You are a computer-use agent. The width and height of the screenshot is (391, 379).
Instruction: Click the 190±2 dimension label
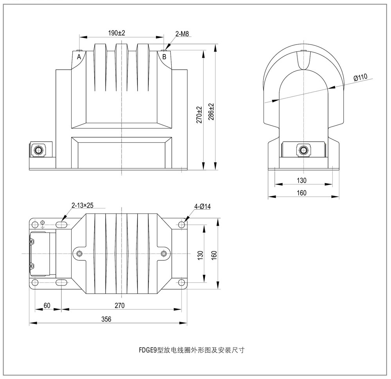pos(117,33)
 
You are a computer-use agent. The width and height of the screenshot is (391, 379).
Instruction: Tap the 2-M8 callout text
pos(182,34)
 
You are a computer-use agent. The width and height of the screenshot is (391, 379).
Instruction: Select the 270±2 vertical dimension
pos(199,115)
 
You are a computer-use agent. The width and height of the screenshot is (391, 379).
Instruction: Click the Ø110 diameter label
pos(360,77)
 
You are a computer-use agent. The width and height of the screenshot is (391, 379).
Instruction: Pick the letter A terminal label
pos(79,57)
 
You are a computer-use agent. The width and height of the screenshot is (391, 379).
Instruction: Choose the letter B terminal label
pos(164,57)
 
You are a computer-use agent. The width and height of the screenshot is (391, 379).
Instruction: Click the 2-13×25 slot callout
pos(83,205)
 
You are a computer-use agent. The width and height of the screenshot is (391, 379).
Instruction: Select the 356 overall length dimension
pos(106,319)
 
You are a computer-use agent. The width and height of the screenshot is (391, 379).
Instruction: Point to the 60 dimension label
pos(47,305)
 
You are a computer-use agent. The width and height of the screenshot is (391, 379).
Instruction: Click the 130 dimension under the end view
pos(302,180)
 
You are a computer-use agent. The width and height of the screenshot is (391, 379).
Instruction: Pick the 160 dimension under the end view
pos(302,192)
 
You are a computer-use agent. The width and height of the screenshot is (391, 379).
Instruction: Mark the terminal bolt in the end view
pos(303,150)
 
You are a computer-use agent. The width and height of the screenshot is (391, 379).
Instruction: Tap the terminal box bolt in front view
pos(38,150)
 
